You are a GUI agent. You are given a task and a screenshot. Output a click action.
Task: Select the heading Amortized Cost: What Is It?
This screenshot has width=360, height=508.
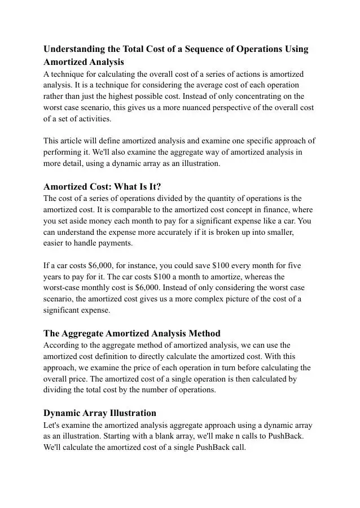tap(102, 187)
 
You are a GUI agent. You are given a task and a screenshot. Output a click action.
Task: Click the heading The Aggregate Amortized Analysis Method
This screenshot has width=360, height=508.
tap(132, 333)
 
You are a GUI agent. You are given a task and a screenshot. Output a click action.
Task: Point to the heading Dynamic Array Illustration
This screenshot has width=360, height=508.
tap(100, 413)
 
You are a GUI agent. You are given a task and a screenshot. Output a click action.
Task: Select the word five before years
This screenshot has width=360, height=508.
tap(294, 265)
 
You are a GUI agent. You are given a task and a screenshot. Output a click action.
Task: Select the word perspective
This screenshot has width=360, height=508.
tap(240, 107)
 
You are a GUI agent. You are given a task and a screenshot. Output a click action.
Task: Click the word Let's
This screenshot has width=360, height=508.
tap(54, 425)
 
